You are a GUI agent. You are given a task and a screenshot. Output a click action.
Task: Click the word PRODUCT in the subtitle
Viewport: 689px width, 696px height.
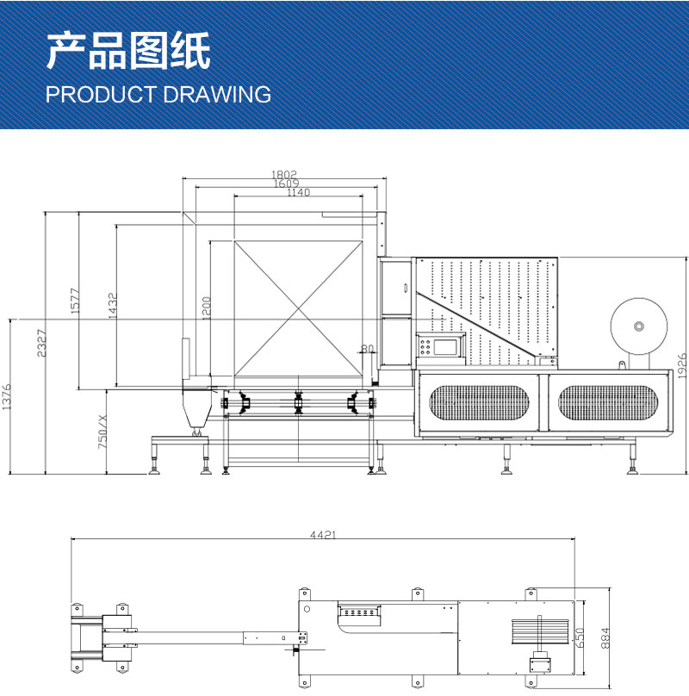(101, 95)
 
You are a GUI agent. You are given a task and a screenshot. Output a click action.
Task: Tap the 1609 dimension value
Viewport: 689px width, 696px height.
(286, 183)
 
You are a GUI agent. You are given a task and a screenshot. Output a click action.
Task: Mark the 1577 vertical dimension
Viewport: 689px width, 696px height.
(75, 301)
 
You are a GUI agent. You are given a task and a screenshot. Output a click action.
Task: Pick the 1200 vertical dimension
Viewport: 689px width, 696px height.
(206, 308)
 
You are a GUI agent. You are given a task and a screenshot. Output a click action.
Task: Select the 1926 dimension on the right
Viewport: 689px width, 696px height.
(681, 364)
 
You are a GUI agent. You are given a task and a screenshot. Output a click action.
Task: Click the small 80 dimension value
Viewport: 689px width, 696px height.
(368, 349)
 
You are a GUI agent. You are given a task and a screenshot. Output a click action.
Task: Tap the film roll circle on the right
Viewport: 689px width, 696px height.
(638, 326)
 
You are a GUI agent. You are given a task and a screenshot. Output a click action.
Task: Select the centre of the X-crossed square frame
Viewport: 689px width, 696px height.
(298, 309)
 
